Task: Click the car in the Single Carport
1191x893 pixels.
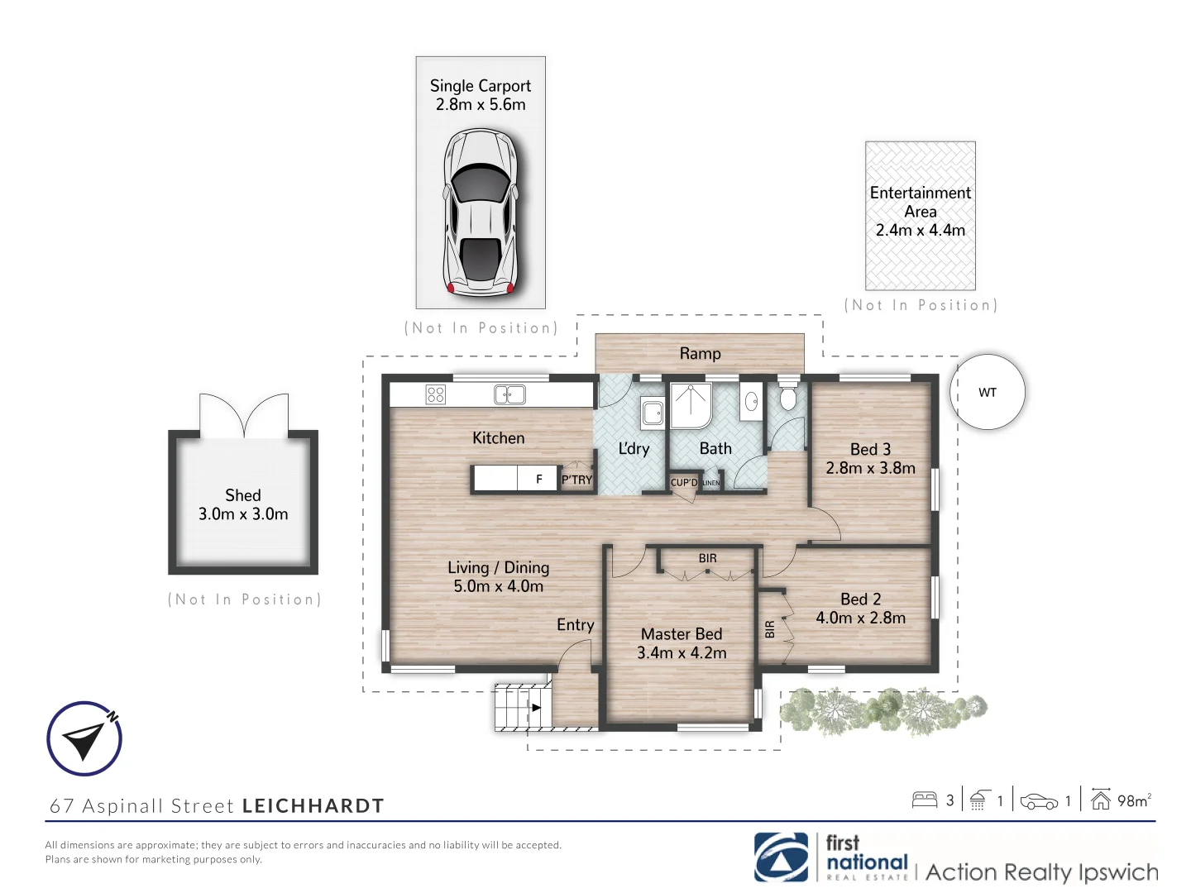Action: click(481, 212)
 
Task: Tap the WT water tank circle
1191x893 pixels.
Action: click(988, 392)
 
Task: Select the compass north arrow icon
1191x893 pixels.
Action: click(84, 738)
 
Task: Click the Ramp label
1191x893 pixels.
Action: click(700, 354)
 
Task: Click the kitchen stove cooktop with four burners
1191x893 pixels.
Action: click(436, 394)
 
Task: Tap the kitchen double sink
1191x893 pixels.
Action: click(509, 394)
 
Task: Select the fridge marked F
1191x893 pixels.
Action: click(539, 479)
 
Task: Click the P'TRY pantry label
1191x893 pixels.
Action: click(577, 480)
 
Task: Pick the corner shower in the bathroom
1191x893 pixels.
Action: click(690, 405)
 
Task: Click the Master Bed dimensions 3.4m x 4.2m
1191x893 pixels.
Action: click(682, 653)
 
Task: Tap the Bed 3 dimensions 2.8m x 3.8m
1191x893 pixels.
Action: click(870, 468)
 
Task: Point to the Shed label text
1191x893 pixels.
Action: click(243, 495)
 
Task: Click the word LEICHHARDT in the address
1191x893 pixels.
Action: click(313, 806)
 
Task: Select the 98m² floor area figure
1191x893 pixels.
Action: click(1133, 800)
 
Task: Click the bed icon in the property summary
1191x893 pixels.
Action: click(924, 800)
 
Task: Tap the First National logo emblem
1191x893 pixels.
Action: click(781, 857)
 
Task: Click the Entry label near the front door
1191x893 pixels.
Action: click(575, 625)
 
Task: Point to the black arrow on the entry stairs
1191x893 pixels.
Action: click(536, 708)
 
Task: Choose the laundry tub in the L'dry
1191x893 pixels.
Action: click(653, 412)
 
